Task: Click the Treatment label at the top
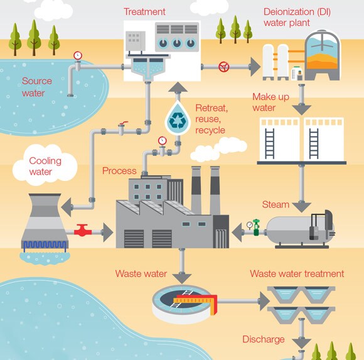[x=144, y=11]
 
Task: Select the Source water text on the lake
[x=36, y=87]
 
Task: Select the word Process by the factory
[x=119, y=171]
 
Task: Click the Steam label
[x=276, y=204]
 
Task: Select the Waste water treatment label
[x=297, y=274]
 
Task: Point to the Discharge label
[x=264, y=340]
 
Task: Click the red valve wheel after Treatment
[x=223, y=66]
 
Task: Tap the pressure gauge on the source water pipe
[x=77, y=55]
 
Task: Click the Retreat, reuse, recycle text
[x=211, y=119]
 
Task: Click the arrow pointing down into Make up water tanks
[x=302, y=107]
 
